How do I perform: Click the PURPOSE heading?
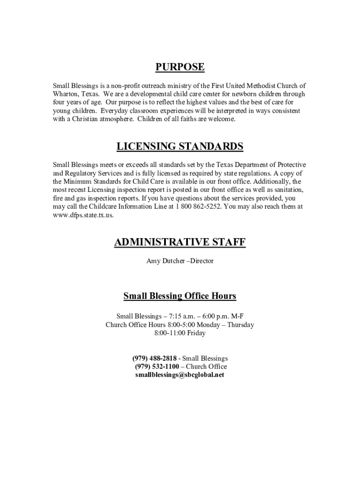pyautogui.click(x=180, y=67)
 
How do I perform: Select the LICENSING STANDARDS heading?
pyautogui.click(x=180, y=147)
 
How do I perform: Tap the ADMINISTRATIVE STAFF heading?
pyautogui.click(x=180, y=242)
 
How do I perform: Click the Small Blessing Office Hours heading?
pyautogui.click(x=180, y=296)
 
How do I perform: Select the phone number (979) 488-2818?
pyautogui.click(x=154, y=358)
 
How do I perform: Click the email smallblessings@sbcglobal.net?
pyautogui.click(x=180, y=375)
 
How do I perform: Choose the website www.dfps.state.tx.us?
pyautogui.click(x=83, y=215)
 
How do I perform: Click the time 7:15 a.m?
pyautogui.click(x=181, y=316)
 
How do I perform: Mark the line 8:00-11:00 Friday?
pyautogui.click(x=180, y=333)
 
